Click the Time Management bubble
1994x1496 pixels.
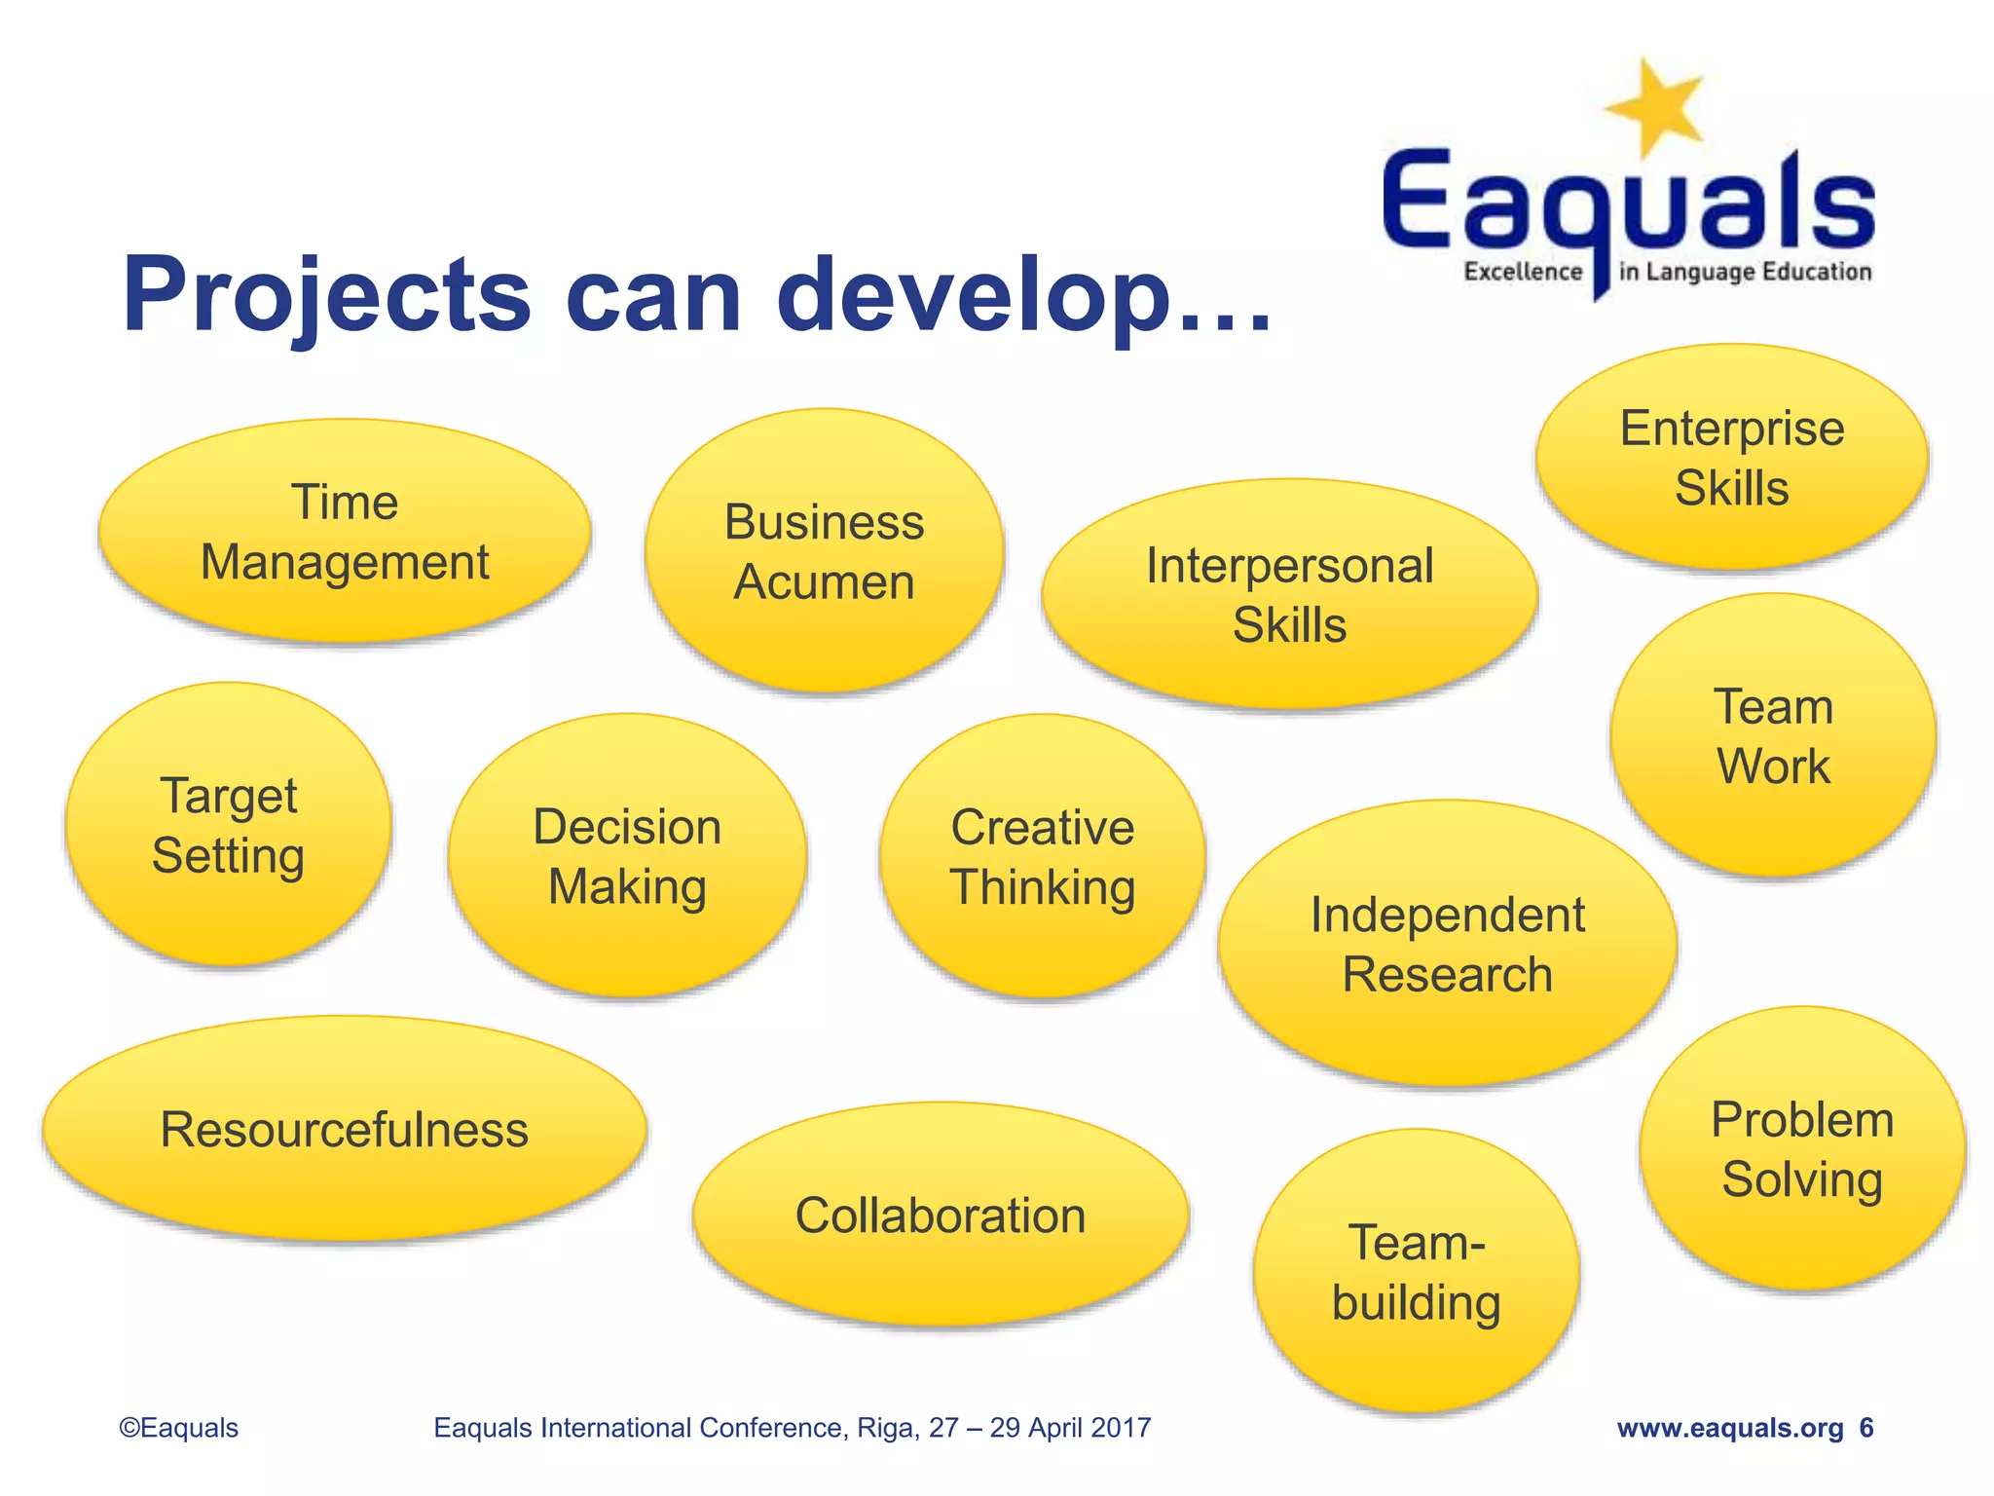pyautogui.click(x=345, y=532)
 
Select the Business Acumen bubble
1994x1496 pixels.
pyautogui.click(x=824, y=551)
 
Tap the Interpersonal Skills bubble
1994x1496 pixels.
pyautogui.click(x=1289, y=594)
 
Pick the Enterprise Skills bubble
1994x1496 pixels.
pyautogui.click(x=1732, y=457)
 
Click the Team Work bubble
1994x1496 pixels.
pyautogui.click(x=1773, y=735)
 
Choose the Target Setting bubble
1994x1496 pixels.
pyautogui.click(x=229, y=825)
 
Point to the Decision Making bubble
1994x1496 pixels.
pyautogui.click(x=627, y=856)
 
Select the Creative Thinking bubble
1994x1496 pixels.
pyautogui.click(x=1043, y=856)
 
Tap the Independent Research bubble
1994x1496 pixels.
pyautogui.click(x=1447, y=944)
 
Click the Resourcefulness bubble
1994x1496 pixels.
pyautogui.click(x=345, y=1129)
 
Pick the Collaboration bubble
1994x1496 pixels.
pyautogui.click(x=941, y=1215)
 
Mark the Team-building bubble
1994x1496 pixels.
pyautogui.click(x=1417, y=1272)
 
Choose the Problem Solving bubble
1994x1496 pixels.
pyautogui.click(x=1802, y=1149)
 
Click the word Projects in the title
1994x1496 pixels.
pyautogui.click(x=326, y=294)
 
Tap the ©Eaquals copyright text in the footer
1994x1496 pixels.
pyautogui.click(x=179, y=1428)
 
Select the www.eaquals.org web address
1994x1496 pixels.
pyautogui.click(x=1730, y=1428)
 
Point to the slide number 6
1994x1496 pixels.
pyautogui.click(x=1866, y=1428)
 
